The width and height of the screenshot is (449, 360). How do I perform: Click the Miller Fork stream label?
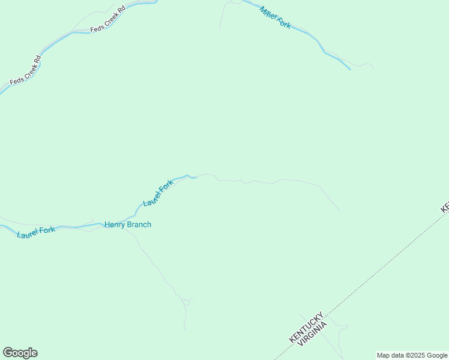[276, 17]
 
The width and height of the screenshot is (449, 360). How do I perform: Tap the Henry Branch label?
[128, 225]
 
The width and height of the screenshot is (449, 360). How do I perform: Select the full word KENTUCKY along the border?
[306, 327]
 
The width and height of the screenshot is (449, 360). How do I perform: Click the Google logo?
[20, 353]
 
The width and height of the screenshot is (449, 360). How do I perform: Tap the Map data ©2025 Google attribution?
[412, 355]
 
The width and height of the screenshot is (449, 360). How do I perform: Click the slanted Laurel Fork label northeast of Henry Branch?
[158, 194]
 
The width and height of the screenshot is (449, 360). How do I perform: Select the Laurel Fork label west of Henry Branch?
[36, 232]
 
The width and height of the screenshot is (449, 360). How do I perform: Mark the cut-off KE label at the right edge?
[445, 207]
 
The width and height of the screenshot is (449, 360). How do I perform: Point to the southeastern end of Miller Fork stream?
[349, 68]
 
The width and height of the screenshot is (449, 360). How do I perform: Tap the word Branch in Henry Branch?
[139, 225]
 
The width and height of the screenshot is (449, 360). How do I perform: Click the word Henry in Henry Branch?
[115, 225]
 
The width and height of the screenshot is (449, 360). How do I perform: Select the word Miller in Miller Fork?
[269, 13]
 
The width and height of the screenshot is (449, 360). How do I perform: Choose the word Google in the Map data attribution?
[438, 355]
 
